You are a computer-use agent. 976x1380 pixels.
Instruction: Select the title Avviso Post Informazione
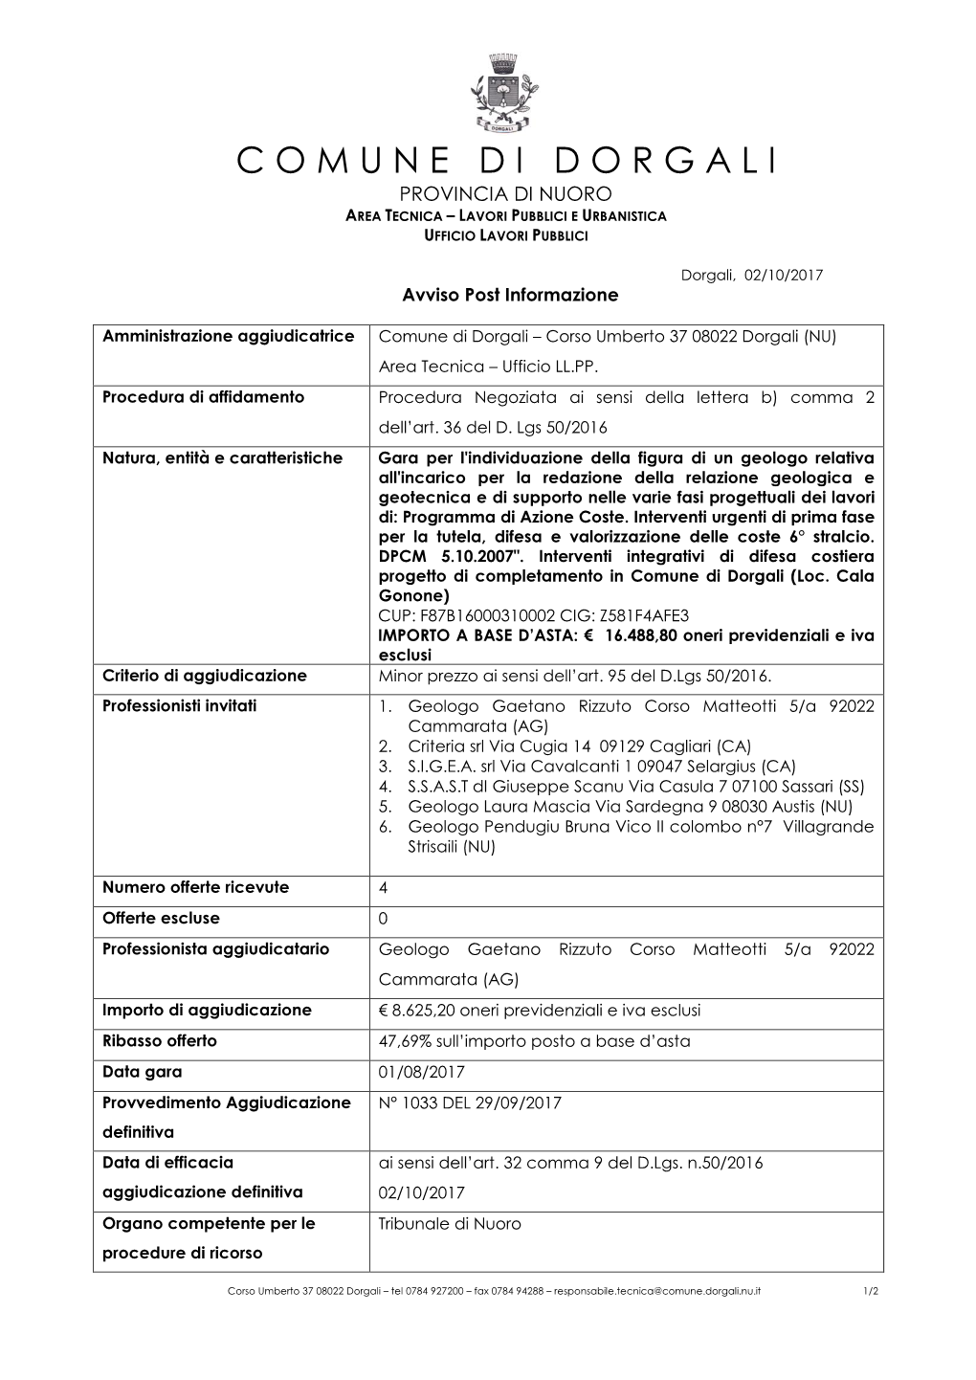pos(508,295)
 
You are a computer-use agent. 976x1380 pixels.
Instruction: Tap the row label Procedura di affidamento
pos(203,397)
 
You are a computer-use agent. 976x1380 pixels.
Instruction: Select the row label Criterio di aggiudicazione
pos(204,676)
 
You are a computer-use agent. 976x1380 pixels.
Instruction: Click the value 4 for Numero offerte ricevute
pos(384,888)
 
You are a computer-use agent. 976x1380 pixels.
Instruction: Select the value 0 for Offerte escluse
pos(384,919)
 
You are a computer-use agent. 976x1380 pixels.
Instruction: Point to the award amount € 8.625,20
pos(431,1011)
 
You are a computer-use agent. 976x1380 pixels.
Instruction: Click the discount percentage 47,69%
pos(404,1041)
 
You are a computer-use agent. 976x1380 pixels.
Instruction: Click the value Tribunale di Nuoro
pos(450,1224)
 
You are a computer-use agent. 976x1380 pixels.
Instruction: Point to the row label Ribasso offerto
pos(160,1041)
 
